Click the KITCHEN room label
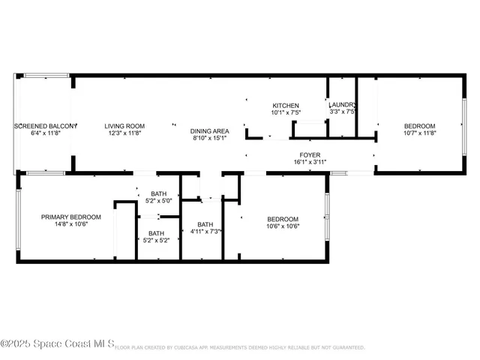click(286, 106)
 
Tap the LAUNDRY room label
click(342, 105)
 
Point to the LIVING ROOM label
click(124, 126)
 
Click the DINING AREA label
click(211, 130)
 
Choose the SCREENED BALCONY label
click(46, 126)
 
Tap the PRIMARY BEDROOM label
click(65, 217)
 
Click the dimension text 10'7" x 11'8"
click(419, 133)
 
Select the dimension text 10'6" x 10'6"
click(283, 226)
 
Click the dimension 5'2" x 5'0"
click(158, 200)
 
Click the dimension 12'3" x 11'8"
click(124, 133)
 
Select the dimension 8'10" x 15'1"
click(211, 137)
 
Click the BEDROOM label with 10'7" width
click(419, 126)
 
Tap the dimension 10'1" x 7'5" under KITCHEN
click(286, 112)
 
